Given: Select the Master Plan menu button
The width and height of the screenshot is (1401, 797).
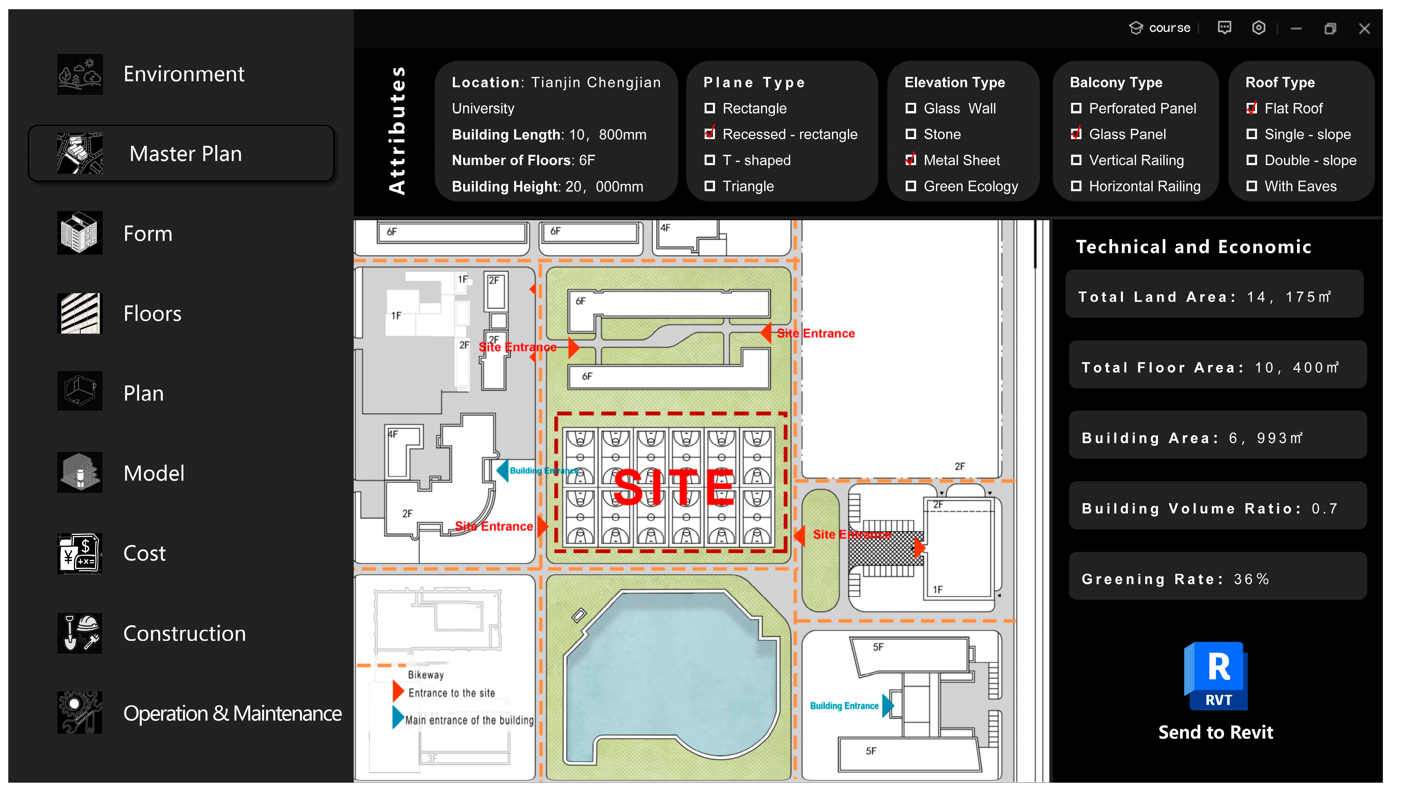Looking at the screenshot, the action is (x=181, y=153).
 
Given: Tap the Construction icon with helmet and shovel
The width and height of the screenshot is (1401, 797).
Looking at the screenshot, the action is (x=80, y=633).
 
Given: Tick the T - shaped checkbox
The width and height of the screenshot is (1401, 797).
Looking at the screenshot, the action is (x=710, y=160).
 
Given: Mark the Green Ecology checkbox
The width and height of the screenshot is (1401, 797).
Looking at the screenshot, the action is (x=910, y=186).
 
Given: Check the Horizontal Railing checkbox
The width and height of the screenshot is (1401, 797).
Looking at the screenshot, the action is (x=1076, y=186).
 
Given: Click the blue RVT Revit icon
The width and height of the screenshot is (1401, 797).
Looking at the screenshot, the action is (x=1215, y=676).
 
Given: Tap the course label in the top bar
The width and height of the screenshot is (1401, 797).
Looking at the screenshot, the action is (x=1169, y=28).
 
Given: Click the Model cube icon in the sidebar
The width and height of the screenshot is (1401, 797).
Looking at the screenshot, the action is (x=80, y=472).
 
